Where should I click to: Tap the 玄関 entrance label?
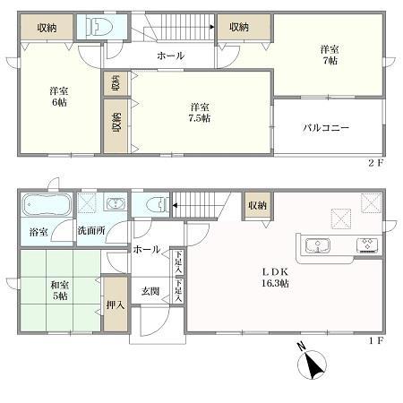coord(150,291)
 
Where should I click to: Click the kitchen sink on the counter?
coord(320,244)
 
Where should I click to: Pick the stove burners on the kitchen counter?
coord(368,244)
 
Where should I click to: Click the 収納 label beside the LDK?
coord(258,206)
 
